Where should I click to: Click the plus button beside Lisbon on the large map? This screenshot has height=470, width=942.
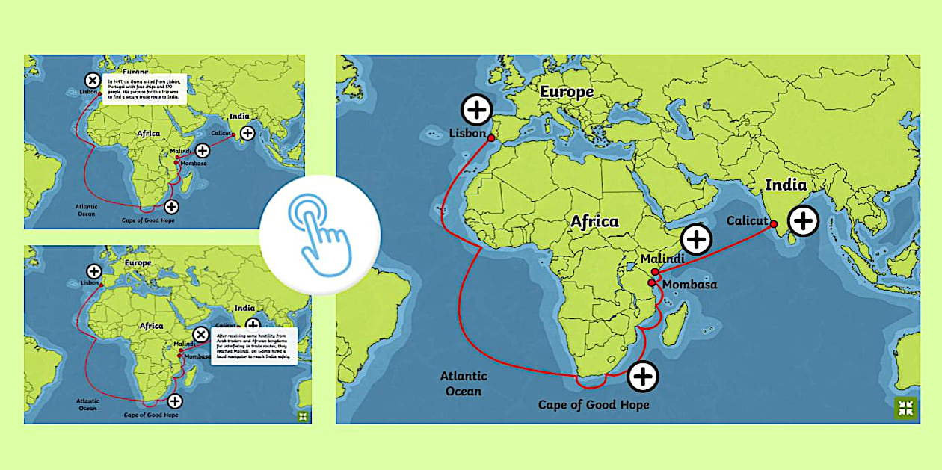[476, 110]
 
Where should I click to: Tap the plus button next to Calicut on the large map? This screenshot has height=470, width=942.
[803, 220]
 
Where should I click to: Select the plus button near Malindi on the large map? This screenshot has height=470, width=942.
[696, 239]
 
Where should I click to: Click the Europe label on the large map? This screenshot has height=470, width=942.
[567, 92]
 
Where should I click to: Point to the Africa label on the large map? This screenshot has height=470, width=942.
[594, 221]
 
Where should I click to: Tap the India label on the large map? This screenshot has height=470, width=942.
[786, 185]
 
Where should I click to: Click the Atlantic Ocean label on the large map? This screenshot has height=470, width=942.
[464, 383]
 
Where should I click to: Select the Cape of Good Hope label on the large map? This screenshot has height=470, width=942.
[594, 405]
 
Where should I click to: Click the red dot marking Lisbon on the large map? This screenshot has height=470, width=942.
[491, 137]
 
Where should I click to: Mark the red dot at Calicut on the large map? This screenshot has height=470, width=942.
[774, 224]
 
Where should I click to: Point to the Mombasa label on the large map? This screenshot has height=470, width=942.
[689, 285]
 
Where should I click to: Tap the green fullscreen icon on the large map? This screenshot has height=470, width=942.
[905, 408]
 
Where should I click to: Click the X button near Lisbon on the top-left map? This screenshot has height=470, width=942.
[92, 80]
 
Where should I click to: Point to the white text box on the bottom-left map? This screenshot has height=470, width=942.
[253, 345]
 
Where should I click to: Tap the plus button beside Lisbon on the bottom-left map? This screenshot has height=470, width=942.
[94, 271]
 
